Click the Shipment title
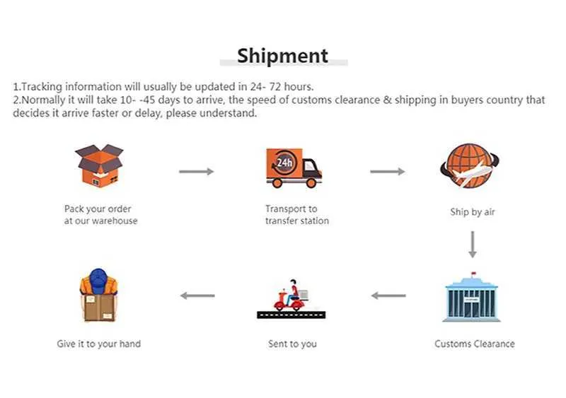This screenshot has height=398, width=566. pos(282,56)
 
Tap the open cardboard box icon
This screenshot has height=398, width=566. pos(99,165)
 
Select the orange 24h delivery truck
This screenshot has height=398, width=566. pos(294,168)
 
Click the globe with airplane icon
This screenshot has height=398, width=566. pos(469,166)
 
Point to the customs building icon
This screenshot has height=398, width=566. pos(471,297)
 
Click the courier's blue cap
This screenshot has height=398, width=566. pos(98,281)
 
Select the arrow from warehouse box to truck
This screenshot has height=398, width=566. pos(197,171)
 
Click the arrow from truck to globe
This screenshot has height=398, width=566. pos(387,171)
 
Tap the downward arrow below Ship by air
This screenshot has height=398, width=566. pos(472,245)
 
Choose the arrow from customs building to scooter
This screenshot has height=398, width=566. pos(388,295)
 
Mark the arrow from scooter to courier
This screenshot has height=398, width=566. pos(197,295)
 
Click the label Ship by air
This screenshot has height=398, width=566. pos(472,212)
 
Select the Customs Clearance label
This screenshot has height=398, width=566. pos(475,344)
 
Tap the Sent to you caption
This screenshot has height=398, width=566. pos(292,344)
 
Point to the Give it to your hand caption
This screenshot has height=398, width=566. pos(98,344)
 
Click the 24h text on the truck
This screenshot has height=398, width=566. pos(284,163)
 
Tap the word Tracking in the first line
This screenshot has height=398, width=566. pos(42,87)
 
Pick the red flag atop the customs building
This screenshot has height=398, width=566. pos(473,273)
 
